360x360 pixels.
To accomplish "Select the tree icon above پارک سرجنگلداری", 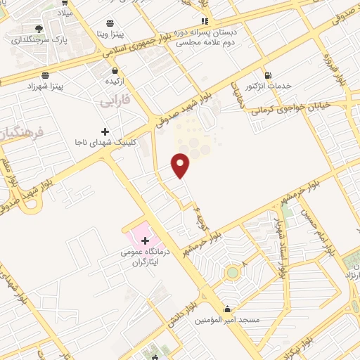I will click(39, 28).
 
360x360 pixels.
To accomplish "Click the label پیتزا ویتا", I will click(111, 33).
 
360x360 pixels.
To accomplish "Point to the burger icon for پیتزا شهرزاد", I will click(46, 75).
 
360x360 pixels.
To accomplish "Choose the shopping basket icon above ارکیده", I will click(115, 71).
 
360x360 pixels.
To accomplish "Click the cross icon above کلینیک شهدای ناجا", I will click(105, 131).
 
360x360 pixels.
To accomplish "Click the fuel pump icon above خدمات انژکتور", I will click(267, 76).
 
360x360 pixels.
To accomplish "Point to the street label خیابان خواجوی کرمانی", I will click(305, 103).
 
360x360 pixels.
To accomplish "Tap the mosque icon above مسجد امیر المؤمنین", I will click(228, 309).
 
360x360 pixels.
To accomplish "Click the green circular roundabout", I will click(233, 271).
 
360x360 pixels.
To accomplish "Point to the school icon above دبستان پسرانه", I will click(205, 20).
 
